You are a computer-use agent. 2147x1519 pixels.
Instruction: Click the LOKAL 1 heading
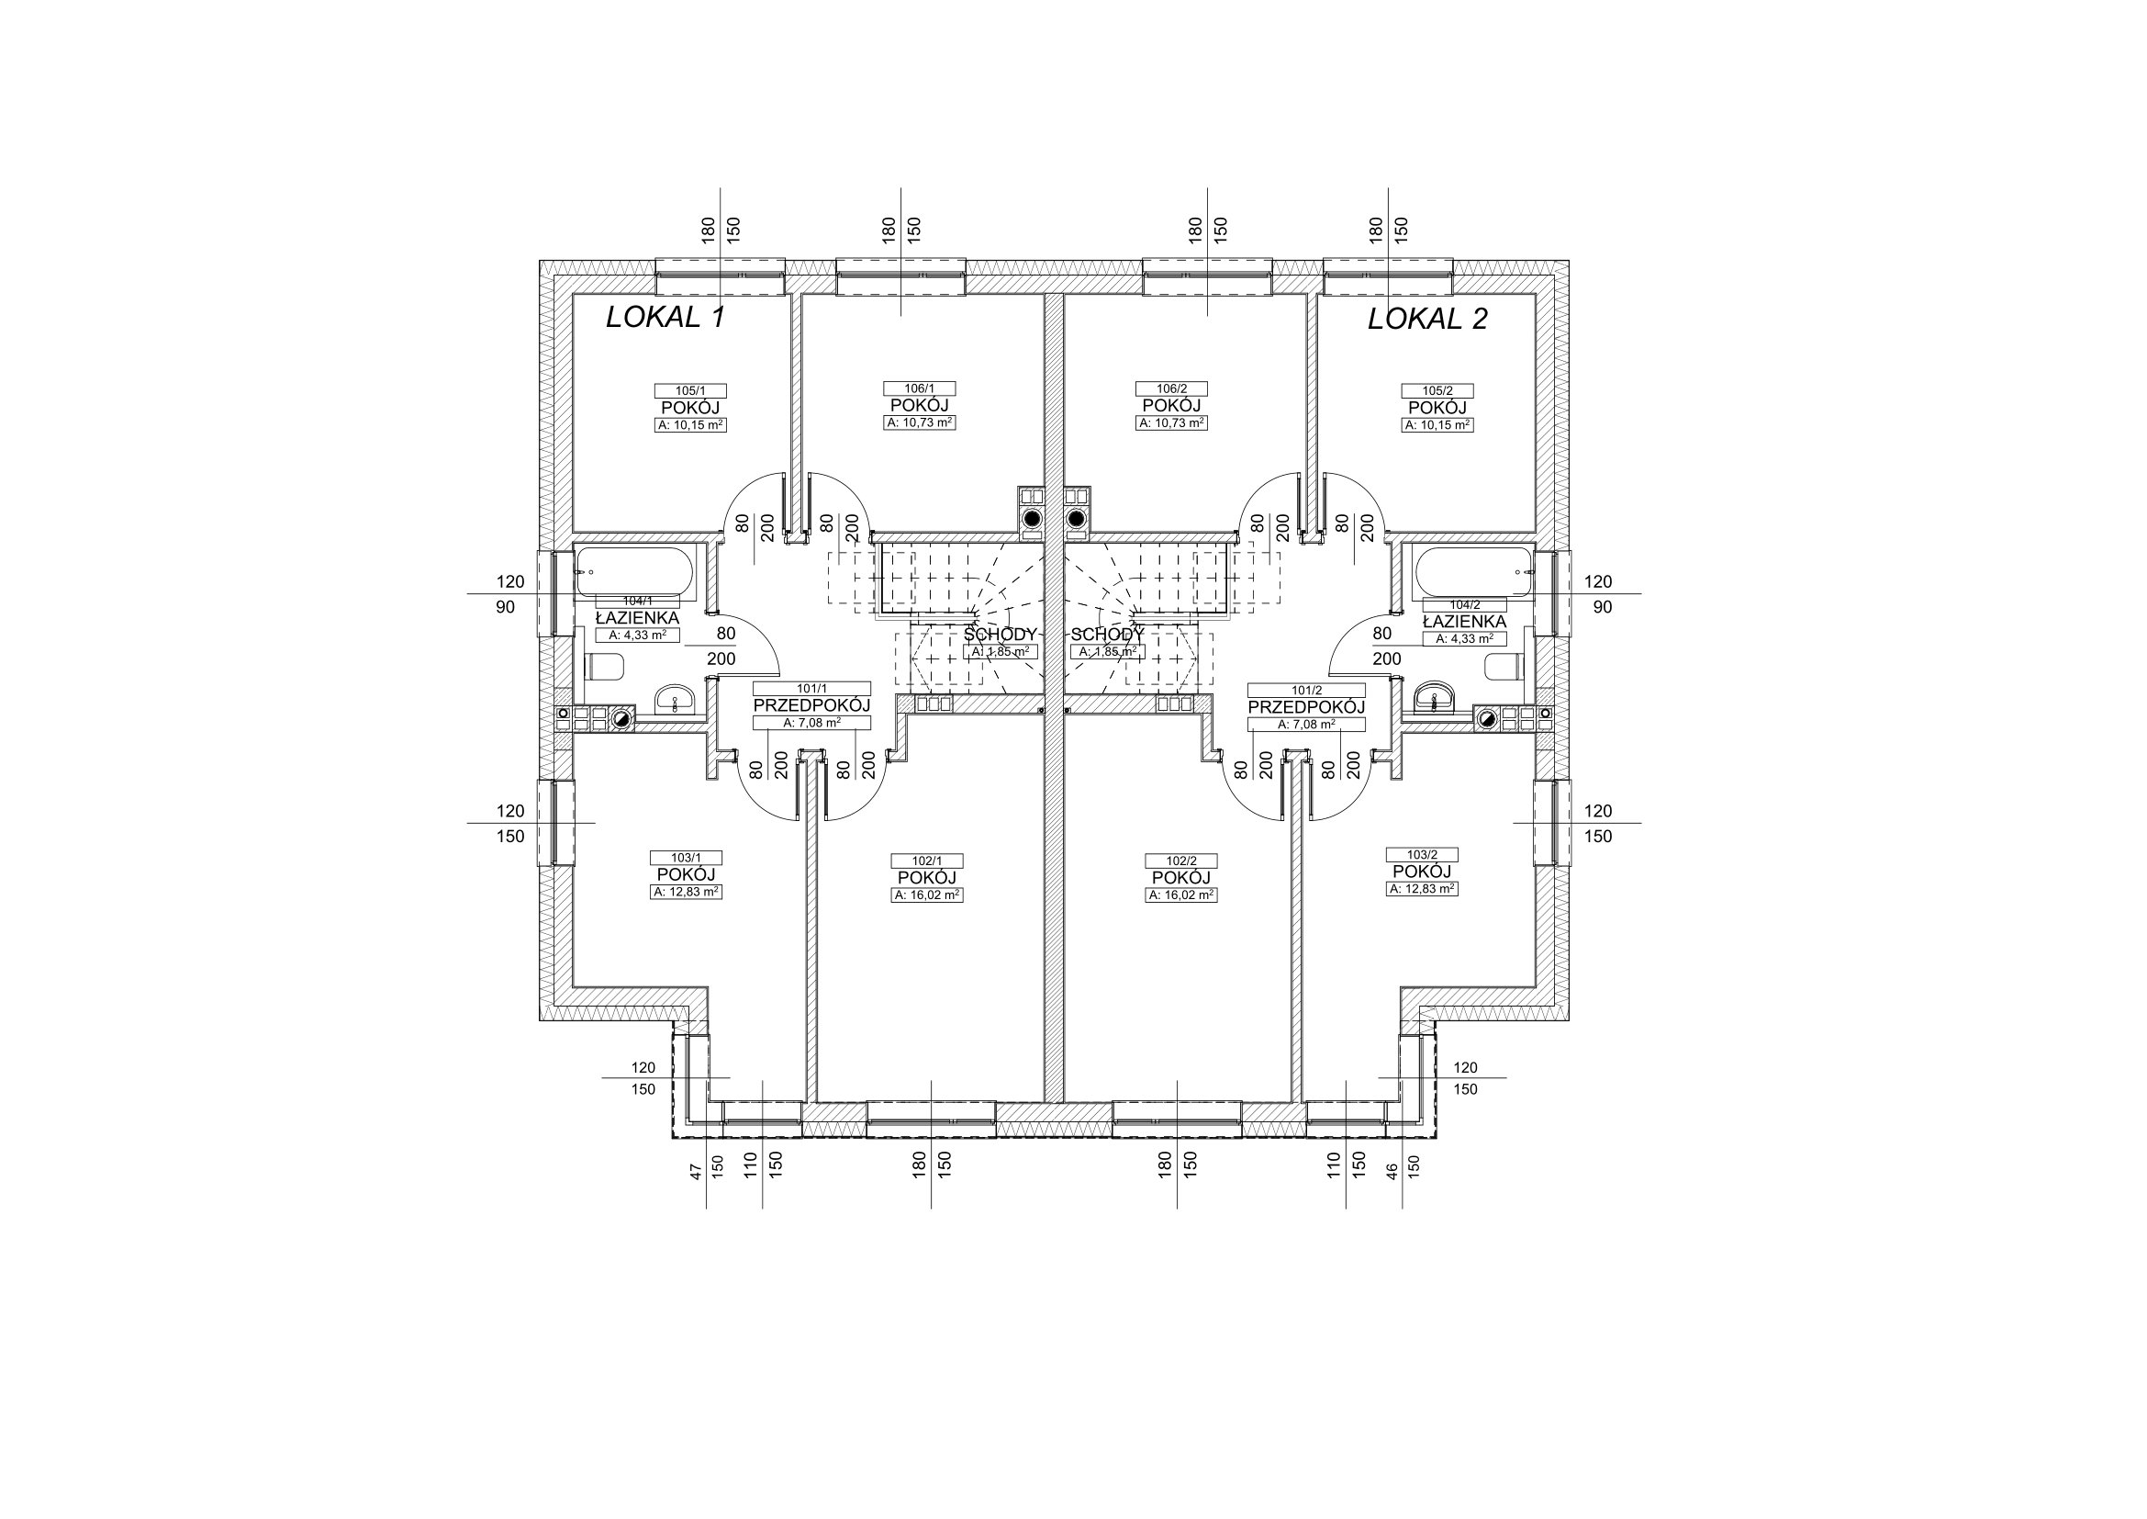[665, 318]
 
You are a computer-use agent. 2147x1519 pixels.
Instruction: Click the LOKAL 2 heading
[1427, 319]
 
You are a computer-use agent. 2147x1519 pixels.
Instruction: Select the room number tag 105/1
[689, 391]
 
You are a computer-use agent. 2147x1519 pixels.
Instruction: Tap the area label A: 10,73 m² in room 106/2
[1171, 422]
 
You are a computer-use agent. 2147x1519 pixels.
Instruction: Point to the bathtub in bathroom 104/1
[635, 572]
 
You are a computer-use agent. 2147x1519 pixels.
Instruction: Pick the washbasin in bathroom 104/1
[675, 699]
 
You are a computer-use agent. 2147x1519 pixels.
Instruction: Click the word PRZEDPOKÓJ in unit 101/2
[1306, 707]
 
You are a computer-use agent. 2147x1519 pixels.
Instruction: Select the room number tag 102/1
[926, 861]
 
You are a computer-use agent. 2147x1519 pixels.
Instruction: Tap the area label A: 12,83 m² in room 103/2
[1421, 889]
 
